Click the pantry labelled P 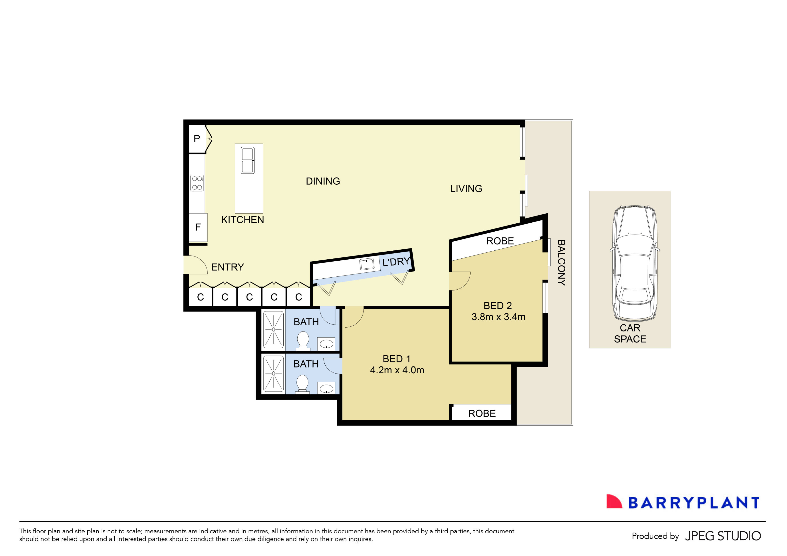point(197,139)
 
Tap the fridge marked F point(198,227)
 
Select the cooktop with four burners point(197,183)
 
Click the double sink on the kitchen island point(247,160)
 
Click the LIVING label point(466,189)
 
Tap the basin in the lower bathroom point(326,389)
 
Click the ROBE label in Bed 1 point(482,414)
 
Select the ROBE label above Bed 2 point(500,241)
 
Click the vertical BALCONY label point(561,263)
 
